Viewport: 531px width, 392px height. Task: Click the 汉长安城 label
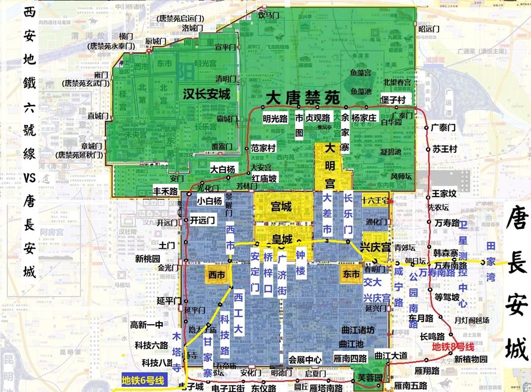[x=206, y=94]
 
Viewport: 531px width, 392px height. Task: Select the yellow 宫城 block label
[x=281, y=206]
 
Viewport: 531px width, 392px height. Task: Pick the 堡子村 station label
[x=393, y=100]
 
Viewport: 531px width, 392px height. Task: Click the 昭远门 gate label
[x=429, y=29]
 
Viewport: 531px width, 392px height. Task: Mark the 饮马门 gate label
[x=266, y=15]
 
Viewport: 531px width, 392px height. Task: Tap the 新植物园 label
[x=471, y=359]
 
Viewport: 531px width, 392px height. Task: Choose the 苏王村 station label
[x=444, y=148]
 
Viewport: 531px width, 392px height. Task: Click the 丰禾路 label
[x=165, y=191]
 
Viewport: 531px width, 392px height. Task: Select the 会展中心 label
[x=305, y=360]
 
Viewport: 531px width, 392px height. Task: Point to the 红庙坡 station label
[x=265, y=178]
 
